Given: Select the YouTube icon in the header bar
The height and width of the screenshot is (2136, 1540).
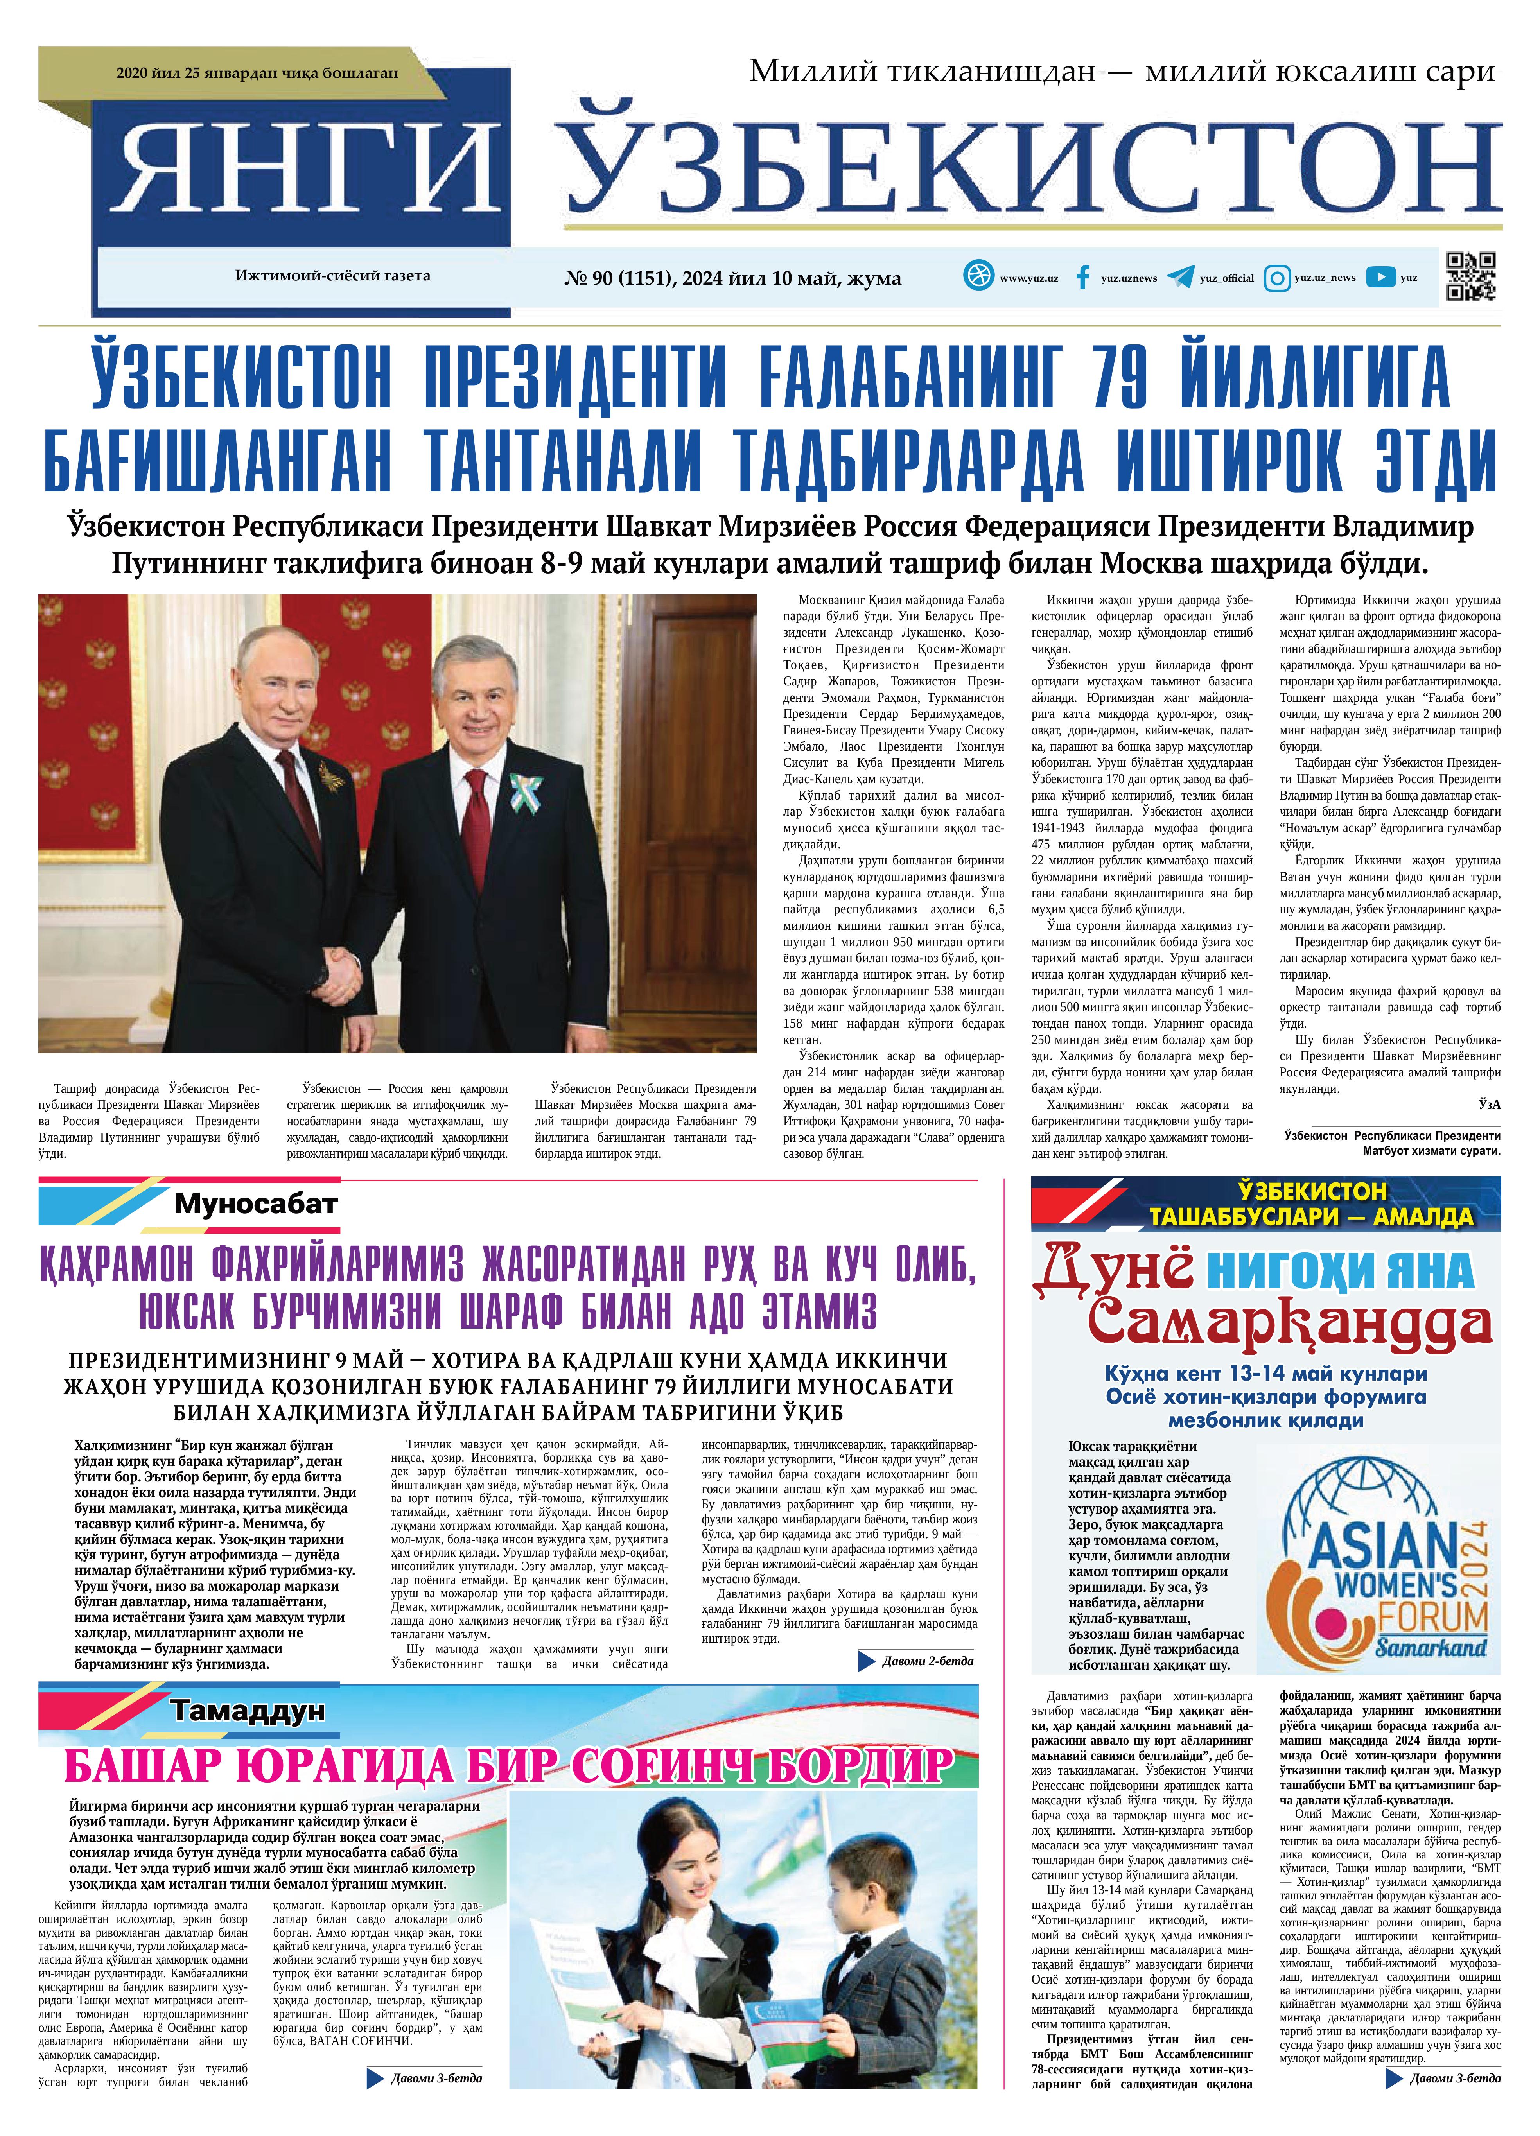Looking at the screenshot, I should (x=1381, y=277).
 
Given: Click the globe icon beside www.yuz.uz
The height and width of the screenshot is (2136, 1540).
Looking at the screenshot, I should (x=978, y=276).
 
